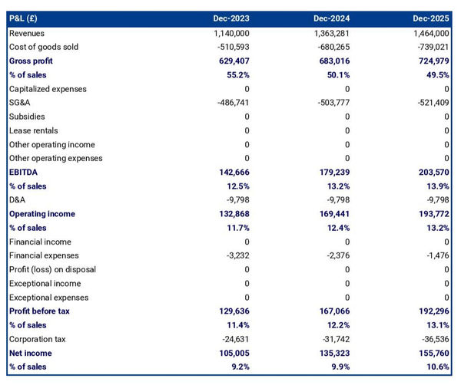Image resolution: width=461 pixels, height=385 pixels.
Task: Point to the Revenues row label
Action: (27, 33)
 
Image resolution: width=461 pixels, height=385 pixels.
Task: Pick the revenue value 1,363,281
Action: (330, 33)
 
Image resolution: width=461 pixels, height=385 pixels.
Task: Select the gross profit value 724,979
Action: (430, 61)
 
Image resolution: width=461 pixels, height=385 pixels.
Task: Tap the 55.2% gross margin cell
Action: (237, 74)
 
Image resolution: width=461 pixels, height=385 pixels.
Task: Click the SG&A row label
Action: (21, 103)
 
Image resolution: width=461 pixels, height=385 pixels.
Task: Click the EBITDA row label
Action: (24, 173)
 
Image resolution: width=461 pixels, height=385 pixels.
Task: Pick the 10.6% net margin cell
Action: (436, 367)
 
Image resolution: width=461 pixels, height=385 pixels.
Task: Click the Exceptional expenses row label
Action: (48, 298)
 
